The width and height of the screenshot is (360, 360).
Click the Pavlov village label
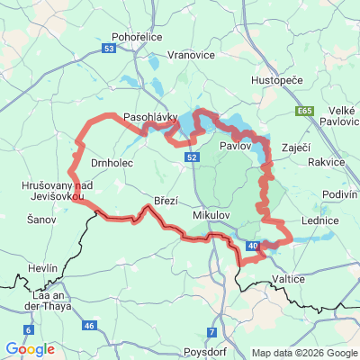click(234, 144)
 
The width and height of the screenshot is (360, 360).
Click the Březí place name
click(166, 202)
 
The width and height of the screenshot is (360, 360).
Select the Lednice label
click(319, 220)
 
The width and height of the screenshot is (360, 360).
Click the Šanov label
click(41, 219)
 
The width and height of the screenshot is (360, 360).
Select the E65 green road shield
click(304, 111)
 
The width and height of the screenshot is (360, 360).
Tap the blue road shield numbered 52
click(193, 157)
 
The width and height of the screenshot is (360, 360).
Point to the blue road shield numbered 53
click(109, 49)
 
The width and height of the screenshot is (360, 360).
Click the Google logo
click(30, 349)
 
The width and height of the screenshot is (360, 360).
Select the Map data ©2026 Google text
click(304, 353)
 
